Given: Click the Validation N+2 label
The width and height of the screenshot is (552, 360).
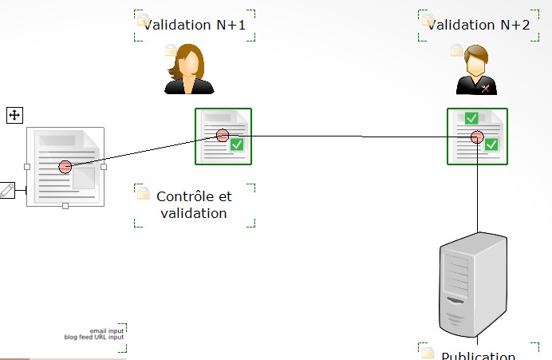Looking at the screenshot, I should click(x=479, y=25).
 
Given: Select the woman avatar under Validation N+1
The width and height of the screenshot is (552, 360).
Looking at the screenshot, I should click(x=189, y=70).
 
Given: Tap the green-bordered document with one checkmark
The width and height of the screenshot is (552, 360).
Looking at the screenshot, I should click(x=223, y=136).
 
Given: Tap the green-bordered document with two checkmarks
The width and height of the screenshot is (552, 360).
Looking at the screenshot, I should click(x=477, y=136).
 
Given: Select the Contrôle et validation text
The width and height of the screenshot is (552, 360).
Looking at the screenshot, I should click(x=195, y=204).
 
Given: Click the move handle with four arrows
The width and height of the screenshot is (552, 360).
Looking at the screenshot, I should click(x=14, y=116).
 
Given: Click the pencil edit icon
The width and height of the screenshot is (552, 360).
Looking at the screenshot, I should click(x=6, y=190).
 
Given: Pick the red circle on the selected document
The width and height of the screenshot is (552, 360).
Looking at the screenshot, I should click(x=65, y=167).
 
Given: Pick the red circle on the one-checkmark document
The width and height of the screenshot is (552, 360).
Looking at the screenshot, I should click(x=223, y=136).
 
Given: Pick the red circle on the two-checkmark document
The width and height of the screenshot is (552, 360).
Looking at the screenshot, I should click(x=477, y=136).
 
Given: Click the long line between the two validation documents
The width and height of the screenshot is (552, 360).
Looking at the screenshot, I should click(x=351, y=136).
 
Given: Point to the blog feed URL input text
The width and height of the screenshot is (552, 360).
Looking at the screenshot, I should click(x=94, y=337).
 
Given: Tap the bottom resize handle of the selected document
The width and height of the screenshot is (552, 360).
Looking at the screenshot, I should click(x=65, y=206).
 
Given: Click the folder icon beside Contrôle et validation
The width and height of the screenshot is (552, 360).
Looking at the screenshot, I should click(x=144, y=193).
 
